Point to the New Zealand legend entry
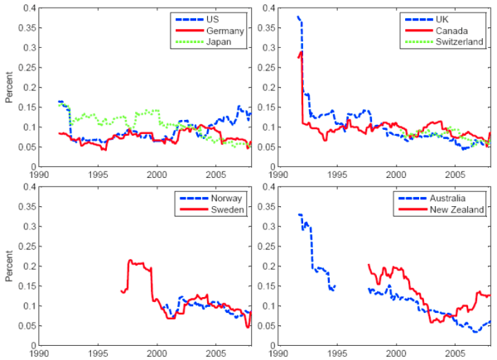[456, 212]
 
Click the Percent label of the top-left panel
[9, 87]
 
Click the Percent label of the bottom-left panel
[9, 266]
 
